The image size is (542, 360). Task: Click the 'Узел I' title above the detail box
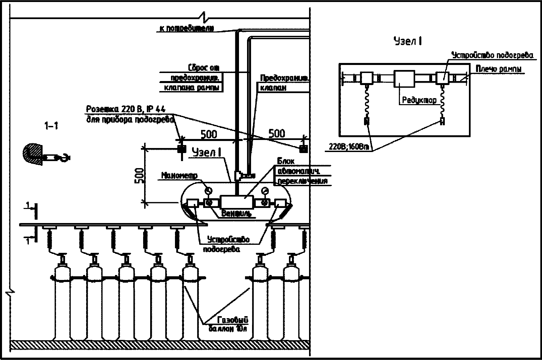(407, 42)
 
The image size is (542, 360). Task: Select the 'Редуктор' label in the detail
(419, 100)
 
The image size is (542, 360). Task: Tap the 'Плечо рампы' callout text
(499, 69)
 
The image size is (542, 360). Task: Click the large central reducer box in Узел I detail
(404, 79)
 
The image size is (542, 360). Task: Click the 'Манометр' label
(179, 175)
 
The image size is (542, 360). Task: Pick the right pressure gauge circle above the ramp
(265, 191)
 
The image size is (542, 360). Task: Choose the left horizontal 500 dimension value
(208, 134)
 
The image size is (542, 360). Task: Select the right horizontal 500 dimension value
(277, 134)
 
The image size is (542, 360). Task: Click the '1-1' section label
(51, 126)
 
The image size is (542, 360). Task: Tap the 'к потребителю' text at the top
(185, 28)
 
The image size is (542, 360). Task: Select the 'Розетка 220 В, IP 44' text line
(126, 109)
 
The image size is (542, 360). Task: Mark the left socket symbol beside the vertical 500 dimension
(182, 148)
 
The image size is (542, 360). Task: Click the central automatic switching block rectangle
(237, 202)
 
